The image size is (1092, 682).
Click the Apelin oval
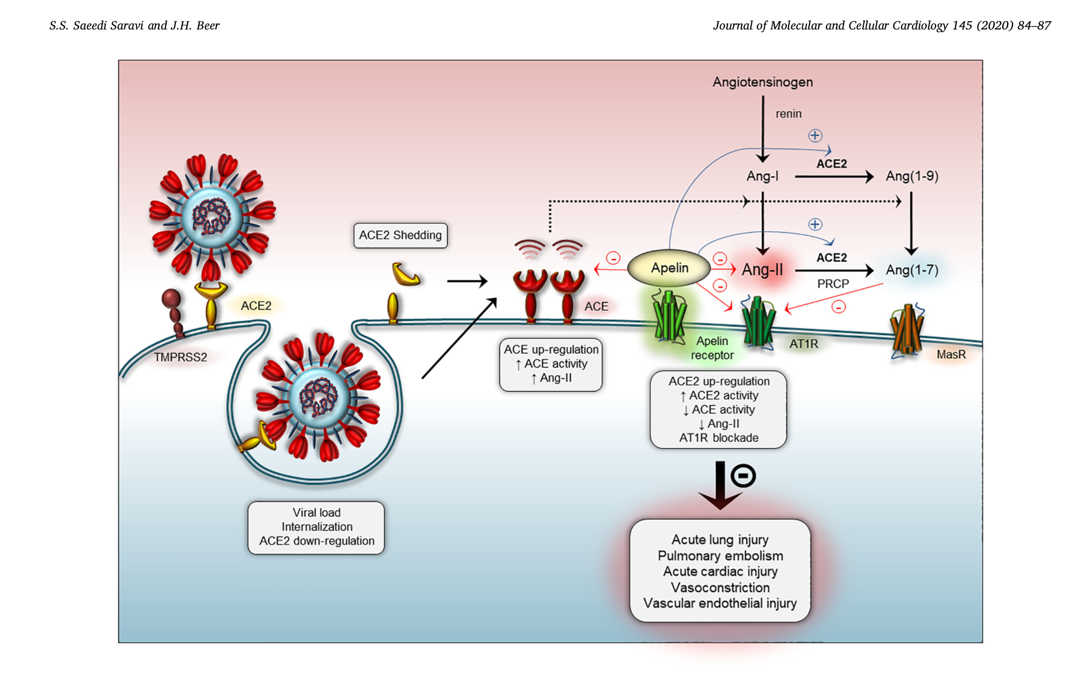click(x=669, y=268)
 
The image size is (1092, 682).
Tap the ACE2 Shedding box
click(x=400, y=235)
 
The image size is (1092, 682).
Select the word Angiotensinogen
click(x=763, y=82)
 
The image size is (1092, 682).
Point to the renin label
click(x=788, y=114)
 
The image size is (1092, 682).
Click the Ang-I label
click(x=762, y=176)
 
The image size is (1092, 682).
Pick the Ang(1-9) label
click(x=912, y=176)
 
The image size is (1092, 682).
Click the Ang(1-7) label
click(x=912, y=270)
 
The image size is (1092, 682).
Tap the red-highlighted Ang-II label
click(x=762, y=270)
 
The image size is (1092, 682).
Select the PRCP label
click(x=833, y=284)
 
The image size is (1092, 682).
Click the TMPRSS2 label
click(x=180, y=357)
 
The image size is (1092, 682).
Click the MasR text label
click(x=951, y=355)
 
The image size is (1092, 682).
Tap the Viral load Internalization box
click(x=316, y=527)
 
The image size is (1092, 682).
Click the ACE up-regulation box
click(x=551, y=364)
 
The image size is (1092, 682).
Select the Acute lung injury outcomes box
click(x=720, y=571)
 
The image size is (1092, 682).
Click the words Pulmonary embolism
click(x=720, y=556)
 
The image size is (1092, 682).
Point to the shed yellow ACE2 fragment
click(x=406, y=274)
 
